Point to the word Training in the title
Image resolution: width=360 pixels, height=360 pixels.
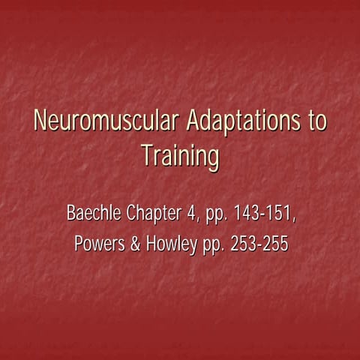tap(180, 157)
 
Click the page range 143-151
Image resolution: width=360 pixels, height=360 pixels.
tap(264, 213)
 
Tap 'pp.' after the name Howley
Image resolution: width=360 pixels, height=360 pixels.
tap(211, 246)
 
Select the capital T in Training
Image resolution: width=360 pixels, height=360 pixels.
tap(146, 157)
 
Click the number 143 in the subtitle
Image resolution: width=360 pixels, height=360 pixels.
tap(247, 213)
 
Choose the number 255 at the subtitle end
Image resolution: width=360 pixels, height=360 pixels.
tap(274, 244)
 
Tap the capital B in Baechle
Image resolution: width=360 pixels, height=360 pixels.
tap(72, 213)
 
